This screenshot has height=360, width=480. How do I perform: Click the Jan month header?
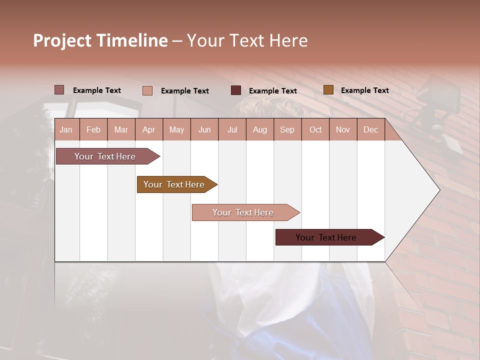pyautogui.click(x=66, y=129)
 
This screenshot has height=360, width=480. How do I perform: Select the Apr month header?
pyautogui.click(x=148, y=129)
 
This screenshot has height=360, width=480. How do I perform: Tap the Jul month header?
pyautogui.click(x=232, y=129)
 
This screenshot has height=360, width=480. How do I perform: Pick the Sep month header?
pyautogui.click(x=287, y=129)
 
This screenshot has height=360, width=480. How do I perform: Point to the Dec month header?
pyautogui.click(x=370, y=129)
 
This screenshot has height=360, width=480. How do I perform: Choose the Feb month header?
pyautogui.click(x=93, y=129)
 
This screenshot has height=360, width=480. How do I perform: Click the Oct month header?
pyautogui.click(x=315, y=129)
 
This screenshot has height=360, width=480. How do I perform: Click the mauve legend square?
pyautogui.click(x=59, y=90)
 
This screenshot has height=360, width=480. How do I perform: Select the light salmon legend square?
pyautogui.click(x=147, y=90)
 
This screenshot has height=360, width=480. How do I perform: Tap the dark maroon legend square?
pyautogui.click(x=236, y=90)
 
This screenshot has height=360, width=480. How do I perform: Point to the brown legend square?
pyautogui.click(x=328, y=90)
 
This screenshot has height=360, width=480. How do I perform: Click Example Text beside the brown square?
pyautogui.click(x=364, y=90)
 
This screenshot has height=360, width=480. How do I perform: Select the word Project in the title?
pyautogui.click(x=61, y=40)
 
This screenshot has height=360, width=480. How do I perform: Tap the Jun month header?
pyautogui.click(x=204, y=129)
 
